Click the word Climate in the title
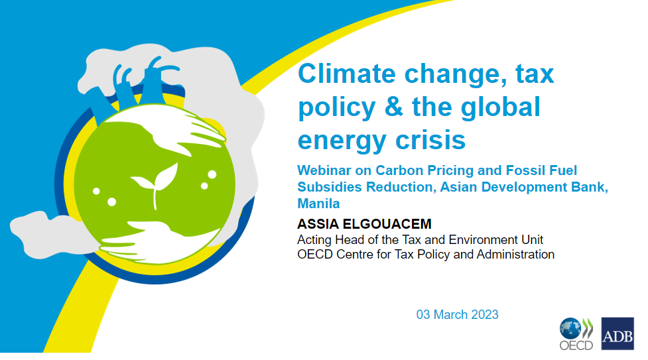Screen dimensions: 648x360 click(x=347, y=74)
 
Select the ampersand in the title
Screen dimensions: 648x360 click(x=393, y=107)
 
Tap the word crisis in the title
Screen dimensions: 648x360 click(x=430, y=140)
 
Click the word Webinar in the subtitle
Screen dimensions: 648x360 click(x=324, y=170)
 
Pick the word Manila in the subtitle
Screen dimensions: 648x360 click(x=318, y=204)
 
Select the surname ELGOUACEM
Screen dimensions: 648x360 click(x=387, y=224)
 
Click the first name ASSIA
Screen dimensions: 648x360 click(x=318, y=224)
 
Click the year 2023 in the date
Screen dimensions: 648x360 click(x=485, y=314)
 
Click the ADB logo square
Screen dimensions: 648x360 click(x=617, y=333)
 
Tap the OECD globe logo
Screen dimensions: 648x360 click(x=570, y=328)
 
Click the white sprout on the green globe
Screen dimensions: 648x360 click(x=155, y=184)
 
